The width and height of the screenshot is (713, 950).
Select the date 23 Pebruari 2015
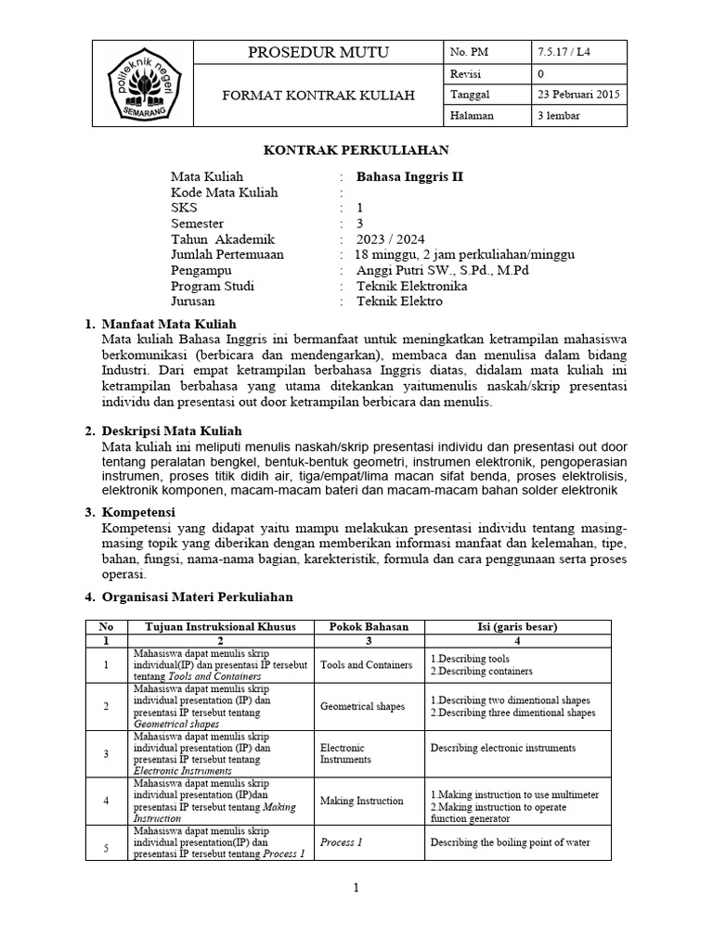[580, 95]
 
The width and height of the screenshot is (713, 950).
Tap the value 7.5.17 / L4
[564, 52]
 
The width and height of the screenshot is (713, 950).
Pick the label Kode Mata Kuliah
[225, 192]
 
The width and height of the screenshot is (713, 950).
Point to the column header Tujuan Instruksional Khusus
[220, 627]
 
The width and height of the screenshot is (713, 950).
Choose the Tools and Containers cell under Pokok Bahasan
[366, 664]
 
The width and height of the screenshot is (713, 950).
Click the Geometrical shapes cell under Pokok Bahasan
[362, 706]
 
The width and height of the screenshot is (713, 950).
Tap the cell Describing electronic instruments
[503, 748]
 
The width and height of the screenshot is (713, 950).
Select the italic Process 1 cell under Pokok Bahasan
[341, 842]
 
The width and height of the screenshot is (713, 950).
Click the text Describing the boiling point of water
[510, 842]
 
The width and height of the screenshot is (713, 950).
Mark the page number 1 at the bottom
[356, 888]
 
